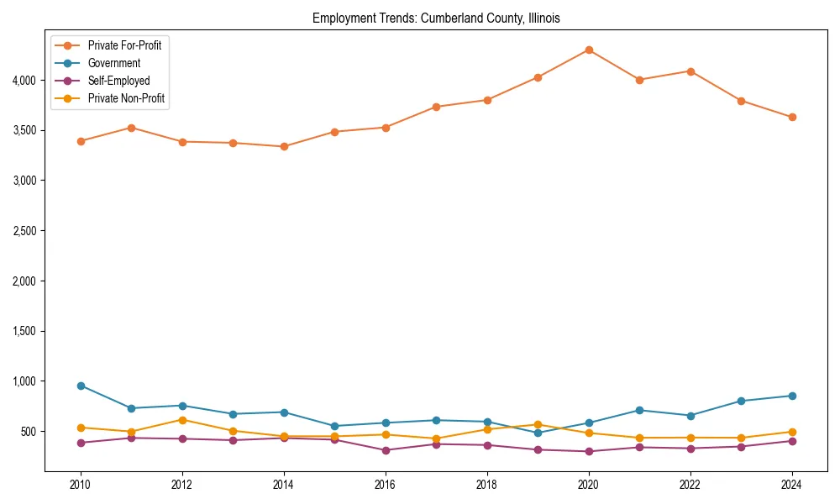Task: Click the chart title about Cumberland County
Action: pyautogui.click(x=436, y=18)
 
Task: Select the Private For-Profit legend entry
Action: pyautogui.click(x=124, y=45)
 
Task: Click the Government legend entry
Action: pyautogui.click(x=114, y=63)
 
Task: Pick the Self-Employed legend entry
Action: pyautogui.click(x=118, y=81)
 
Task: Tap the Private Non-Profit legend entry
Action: pyautogui.click(x=126, y=98)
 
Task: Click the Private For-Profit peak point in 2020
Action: pyautogui.click(x=589, y=50)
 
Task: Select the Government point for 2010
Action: pyautogui.click(x=81, y=386)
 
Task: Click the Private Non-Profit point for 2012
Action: pyautogui.click(x=182, y=420)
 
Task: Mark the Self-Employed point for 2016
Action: pyautogui.click(x=386, y=450)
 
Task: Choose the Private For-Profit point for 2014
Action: pyautogui.click(x=284, y=146)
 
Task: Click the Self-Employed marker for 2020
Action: pyautogui.click(x=589, y=451)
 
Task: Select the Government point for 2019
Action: pyautogui.click(x=538, y=433)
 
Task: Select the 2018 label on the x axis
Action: pyautogui.click(x=487, y=485)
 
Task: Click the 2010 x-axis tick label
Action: pyautogui.click(x=81, y=485)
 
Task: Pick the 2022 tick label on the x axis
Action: pyautogui.click(x=690, y=485)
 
